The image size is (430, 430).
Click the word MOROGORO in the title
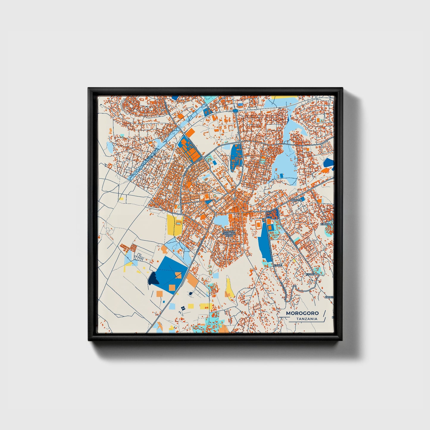(x=302, y=313)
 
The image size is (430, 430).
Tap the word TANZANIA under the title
(x=307, y=319)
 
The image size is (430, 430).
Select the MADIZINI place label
(x=297, y=200)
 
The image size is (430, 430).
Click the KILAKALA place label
(x=326, y=224)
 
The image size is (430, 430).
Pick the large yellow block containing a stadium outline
(x=175, y=225)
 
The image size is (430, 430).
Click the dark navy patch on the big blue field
(x=153, y=279)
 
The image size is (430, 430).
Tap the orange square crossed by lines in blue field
(x=178, y=275)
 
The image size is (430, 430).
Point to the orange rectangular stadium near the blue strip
(x=258, y=223)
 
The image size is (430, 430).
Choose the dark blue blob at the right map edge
(x=329, y=162)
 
